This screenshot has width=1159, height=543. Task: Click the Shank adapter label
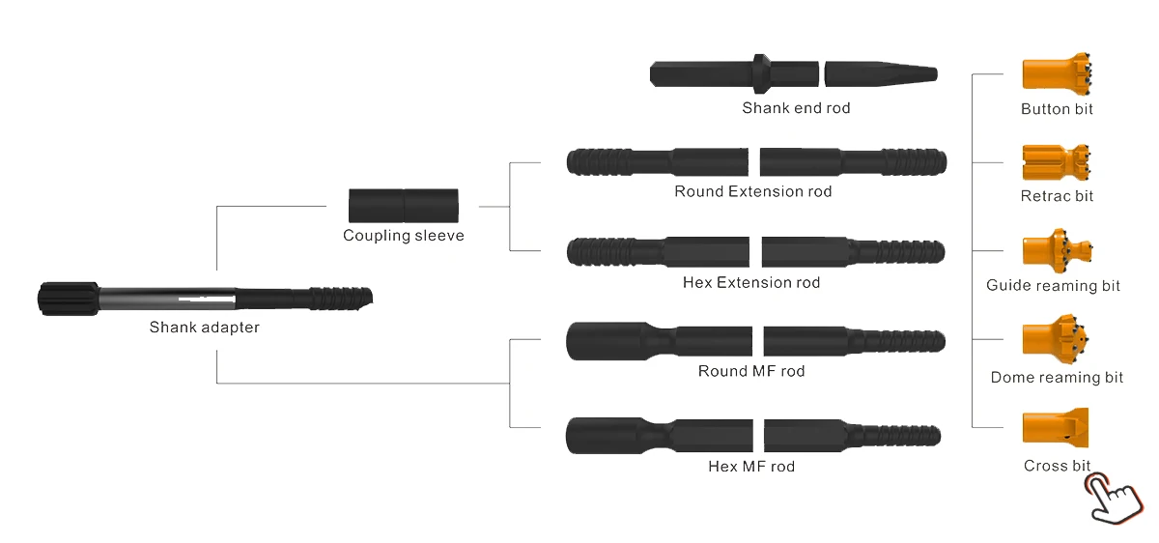coord(204,328)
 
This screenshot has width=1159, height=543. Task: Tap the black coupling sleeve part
coord(404,206)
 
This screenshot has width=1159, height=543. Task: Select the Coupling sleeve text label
coord(404,236)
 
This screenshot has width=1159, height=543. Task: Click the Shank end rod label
coord(796,108)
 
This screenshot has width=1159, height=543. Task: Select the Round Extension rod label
coord(753,191)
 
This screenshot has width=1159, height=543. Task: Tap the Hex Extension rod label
coord(751,283)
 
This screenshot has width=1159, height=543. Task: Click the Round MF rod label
coord(751,371)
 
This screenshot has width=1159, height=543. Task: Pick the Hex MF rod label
coord(751,467)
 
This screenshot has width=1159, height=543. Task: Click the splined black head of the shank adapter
coord(68,297)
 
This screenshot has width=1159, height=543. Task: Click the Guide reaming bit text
coord(1054,286)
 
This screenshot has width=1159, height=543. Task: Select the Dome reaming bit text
coord(1057,378)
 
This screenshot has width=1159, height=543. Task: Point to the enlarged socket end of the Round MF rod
coord(599,341)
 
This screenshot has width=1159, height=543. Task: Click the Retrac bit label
coord(1058,196)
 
